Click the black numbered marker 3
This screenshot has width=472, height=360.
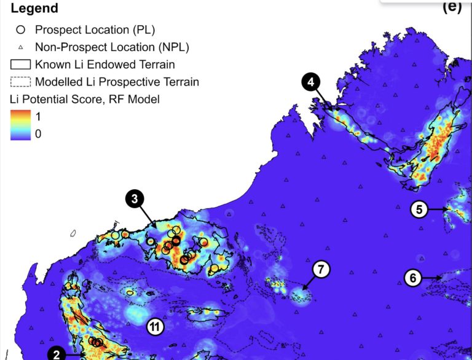pos(135,198)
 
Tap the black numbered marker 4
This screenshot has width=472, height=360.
pos(312,82)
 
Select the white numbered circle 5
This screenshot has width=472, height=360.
pos(419,209)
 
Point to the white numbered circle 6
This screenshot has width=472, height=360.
pos(413,278)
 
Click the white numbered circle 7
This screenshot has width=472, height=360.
pos(321,270)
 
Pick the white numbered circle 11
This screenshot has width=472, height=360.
pos(155,327)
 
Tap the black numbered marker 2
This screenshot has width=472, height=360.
pos(57,353)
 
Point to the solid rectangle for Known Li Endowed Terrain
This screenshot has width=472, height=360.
pos(21,64)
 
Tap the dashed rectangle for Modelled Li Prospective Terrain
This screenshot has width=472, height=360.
pos(21,81)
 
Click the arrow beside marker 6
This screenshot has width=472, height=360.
pos(432,278)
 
